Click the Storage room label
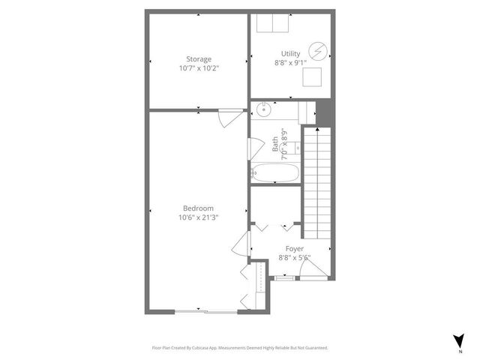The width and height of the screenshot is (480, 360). coord(199,59)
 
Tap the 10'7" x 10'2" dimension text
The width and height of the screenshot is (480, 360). coord(199,68)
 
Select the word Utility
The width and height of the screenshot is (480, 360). coord(290,54)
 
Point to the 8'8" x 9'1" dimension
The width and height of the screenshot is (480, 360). coord(290,63)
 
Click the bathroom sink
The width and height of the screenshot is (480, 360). coord(263,111)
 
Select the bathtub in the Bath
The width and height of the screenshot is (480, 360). coord(275,173)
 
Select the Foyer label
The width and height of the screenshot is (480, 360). coord(294,248)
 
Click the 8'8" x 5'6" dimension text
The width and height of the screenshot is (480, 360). coord(294,257)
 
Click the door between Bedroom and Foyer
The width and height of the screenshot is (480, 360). coord(242,244)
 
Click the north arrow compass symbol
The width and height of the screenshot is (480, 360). coord(458,340)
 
